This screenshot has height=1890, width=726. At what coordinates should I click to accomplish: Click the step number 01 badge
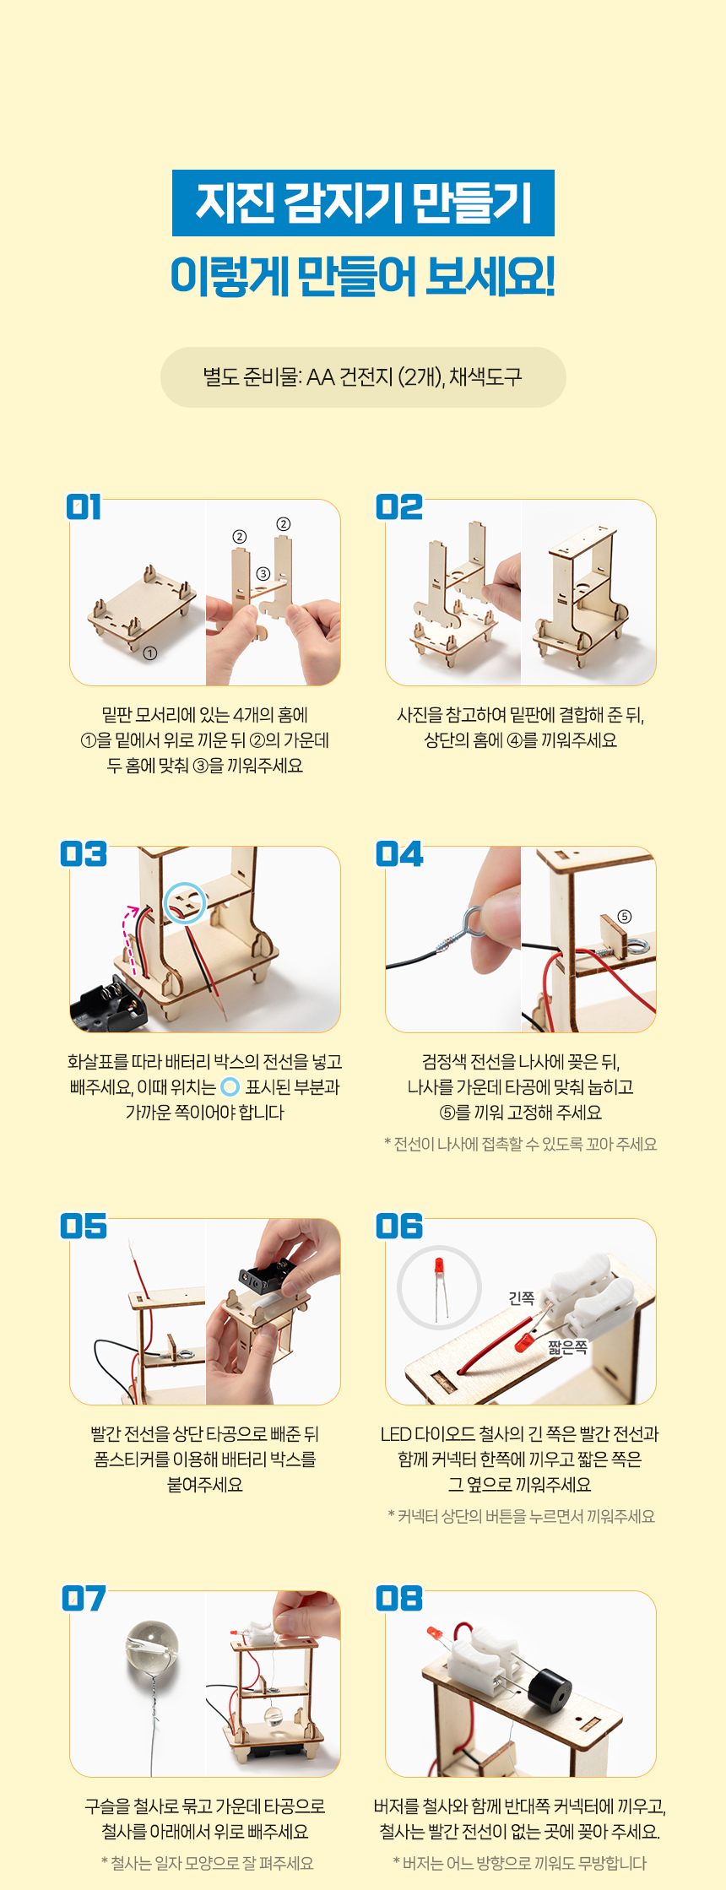coord(84,507)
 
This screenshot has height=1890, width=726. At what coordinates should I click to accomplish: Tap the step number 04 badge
coord(399,854)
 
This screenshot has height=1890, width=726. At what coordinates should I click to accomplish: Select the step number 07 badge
coord(84,1599)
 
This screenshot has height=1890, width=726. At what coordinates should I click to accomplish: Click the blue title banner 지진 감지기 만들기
coord(363,203)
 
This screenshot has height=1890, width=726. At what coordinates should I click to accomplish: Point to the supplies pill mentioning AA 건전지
coord(363,377)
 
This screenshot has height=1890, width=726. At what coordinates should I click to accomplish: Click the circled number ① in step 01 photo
coord(149,653)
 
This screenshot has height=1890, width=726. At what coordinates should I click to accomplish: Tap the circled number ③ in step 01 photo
coord(263,574)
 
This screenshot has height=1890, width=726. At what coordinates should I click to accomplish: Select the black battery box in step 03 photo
coord(108,1005)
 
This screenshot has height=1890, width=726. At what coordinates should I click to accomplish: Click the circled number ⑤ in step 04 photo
coord(625,917)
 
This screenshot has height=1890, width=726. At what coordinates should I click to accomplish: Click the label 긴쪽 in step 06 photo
coord(522,1297)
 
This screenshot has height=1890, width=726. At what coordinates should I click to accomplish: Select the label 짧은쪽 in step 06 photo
coord(567,1347)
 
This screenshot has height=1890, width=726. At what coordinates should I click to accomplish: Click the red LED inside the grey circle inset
coord(439,1268)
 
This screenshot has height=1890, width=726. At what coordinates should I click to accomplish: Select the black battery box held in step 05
coord(268,1275)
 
